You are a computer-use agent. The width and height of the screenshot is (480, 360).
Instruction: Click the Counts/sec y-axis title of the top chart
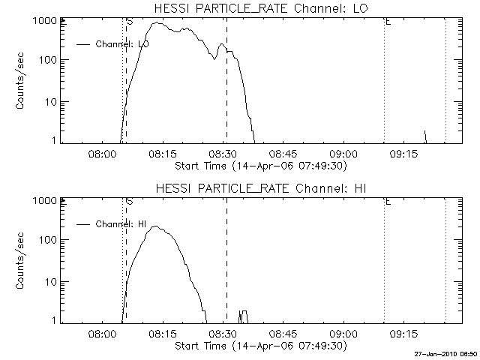tap(22, 81)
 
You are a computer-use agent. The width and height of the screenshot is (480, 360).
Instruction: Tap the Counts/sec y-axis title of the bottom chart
tap(22, 260)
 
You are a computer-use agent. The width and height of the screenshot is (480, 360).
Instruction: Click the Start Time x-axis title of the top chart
tap(259, 166)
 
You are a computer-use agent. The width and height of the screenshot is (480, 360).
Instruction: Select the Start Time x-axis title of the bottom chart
tap(259, 346)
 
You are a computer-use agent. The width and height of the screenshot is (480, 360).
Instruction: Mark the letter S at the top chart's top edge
tap(130, 22)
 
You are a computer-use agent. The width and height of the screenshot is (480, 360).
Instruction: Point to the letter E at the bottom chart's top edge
tap(388, 201)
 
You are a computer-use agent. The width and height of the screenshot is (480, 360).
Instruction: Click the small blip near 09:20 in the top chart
tap(425, 136)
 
